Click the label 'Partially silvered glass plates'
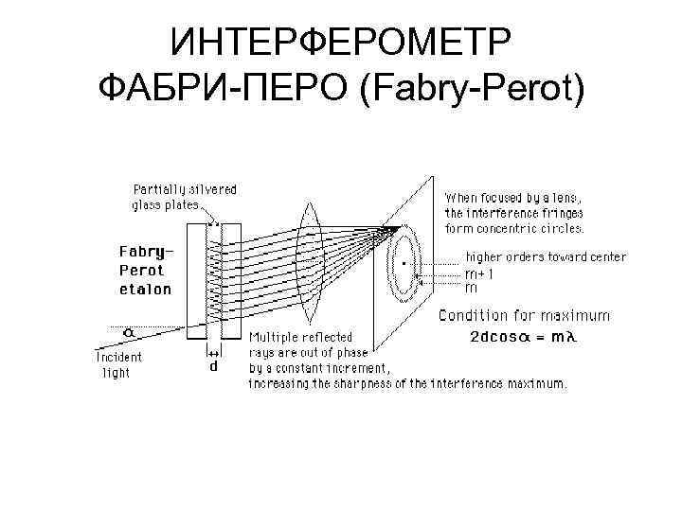click(185, 196)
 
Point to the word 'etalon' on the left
click(145, 290)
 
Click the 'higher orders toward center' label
click(545, 257)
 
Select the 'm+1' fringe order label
click(478, 273)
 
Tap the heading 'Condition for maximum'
click(526, 316)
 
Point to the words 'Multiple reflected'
click(300, 337)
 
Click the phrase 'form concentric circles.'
click(514, 228)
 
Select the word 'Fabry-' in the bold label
click(146, 252)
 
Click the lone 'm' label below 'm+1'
click(471, 287)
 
